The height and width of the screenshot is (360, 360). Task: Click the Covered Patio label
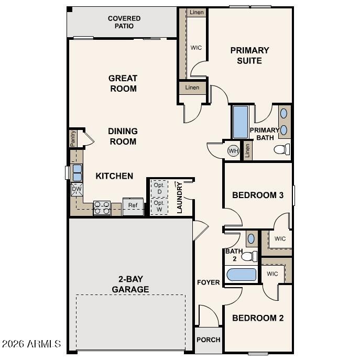tap(124, 22)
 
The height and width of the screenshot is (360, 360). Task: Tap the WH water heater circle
tap(233, 151)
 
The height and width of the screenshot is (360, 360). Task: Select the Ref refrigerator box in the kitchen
tap(133, 205)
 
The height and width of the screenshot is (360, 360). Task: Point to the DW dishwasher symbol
tap(77, 189)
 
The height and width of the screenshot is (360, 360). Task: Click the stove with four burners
tap(101, 208)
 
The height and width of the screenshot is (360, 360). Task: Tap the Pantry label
tap(73, 139)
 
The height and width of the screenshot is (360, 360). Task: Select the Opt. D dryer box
tap(159, 188)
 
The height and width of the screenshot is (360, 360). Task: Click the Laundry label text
tap(179, 198)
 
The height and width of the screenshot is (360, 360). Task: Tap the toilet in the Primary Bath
tap(282, 150)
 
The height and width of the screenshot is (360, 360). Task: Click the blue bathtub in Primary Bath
tap(240, 122)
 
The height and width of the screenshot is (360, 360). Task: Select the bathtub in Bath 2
tap(241, 275)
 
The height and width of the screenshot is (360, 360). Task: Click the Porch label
tap(208, 340)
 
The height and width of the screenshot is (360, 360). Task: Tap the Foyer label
tap(208, 282)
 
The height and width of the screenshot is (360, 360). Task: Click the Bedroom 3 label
tap(258, 195)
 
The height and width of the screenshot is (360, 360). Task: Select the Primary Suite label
tap(249, 56)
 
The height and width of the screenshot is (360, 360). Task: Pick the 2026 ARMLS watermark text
tap(31, 344)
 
